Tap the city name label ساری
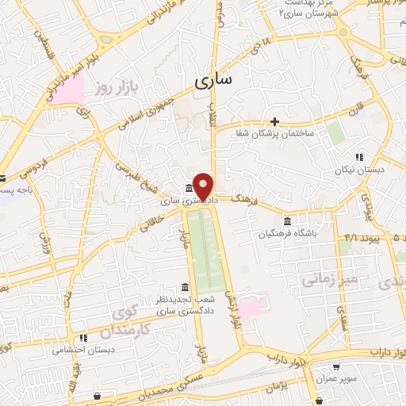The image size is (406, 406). [214, 81]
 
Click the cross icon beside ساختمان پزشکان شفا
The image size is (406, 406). [274, 121]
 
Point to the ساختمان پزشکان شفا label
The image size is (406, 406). [274, 133]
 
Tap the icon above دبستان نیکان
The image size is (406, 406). [359, 157]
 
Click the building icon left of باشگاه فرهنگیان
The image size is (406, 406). [286, 220]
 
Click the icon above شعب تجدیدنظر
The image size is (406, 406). [185, 287]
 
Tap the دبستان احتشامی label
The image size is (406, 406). [84, 349]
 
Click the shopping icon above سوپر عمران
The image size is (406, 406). [336, 367]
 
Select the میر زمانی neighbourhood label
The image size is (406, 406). [324, 278]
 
